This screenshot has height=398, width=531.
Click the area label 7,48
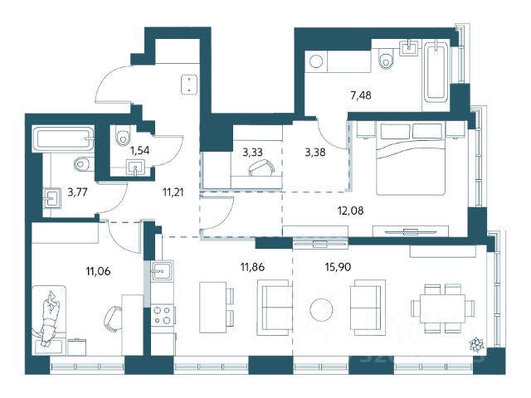[361, 96]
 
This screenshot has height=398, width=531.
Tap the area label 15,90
[338, 267]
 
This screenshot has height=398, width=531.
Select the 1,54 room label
[139, 151]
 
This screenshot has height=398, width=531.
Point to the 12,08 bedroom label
[350, 211]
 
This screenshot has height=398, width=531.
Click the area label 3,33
[252, 153]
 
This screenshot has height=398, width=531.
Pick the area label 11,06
[98, 271]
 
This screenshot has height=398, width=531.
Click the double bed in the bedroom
[411, 158]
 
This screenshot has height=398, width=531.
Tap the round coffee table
[321, 309]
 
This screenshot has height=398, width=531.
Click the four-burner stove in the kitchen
[163, 315]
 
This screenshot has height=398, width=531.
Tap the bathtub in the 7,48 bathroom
[436, 72]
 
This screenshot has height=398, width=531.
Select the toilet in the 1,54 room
[123, 136]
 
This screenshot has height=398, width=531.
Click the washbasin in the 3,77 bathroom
[51, 197]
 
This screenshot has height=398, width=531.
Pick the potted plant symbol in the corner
[477, 344]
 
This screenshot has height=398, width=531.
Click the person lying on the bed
[50, 318]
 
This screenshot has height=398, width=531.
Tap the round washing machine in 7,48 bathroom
[316, 61]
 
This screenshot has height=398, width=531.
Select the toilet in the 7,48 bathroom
[386, 58]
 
